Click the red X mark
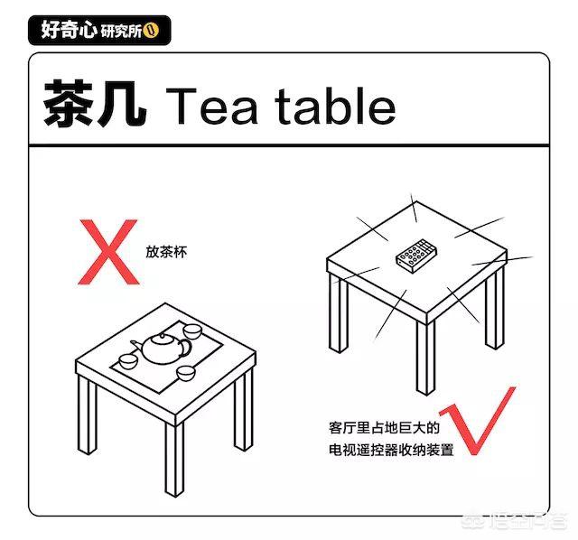click(x=108, y=252)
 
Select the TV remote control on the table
click(x=416, y=256)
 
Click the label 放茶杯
click(x=166, y=252)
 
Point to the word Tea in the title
click(x=211, y=107)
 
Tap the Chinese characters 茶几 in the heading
click(x=95, y=104)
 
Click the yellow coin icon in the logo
click(x=151, y=30)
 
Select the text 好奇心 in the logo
click(x=69, y=30)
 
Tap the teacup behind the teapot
click(x=192, y=331)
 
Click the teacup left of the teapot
click(x=128, y=361)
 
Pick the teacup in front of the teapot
click(x=185, y=373)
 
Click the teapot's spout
click(x=136, y=346)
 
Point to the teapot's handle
click(x=186, y=348)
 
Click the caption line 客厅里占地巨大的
click(x=384, y=428)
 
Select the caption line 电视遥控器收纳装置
click(x=391, y=450)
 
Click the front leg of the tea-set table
click(x=174, y=460)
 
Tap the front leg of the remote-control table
click(x=426, y=358)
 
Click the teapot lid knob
click(x=162, y=335)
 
